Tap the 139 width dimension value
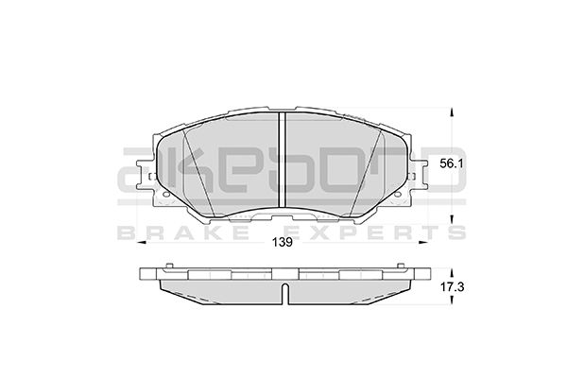[x=281, y=242]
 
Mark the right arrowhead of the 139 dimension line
[x=425, y=242]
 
